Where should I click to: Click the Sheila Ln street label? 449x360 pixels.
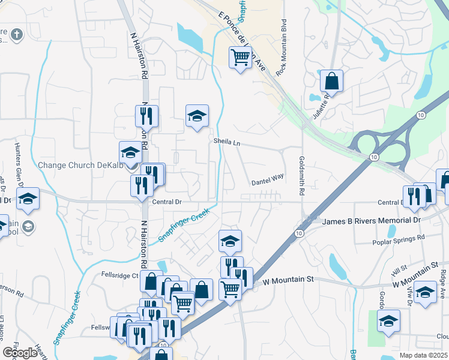tap(226, 142)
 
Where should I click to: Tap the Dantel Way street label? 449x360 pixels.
tap(267, 178)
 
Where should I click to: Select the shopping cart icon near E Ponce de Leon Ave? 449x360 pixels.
tap(240, 58)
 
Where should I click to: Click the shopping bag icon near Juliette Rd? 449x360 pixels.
tap(331, 80)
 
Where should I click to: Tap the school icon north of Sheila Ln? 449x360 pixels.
tap(196, 116)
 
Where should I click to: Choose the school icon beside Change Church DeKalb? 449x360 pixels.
tap(130, 152)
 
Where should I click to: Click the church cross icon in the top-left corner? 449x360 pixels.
tap(17, 34)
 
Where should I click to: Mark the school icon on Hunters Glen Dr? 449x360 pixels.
tap(27, 199)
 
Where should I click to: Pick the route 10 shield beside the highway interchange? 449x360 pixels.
tap(373, 157)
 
